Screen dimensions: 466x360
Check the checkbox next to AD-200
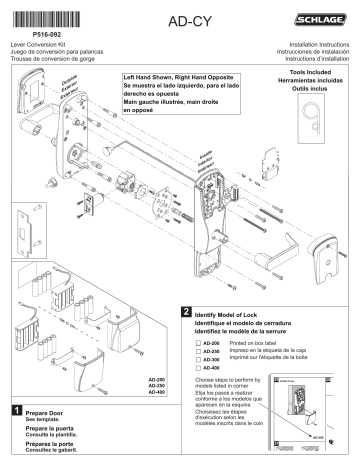(x=197, y=343)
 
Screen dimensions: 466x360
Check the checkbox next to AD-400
(x=197, y=368)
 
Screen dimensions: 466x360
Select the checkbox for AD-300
(x=197, y=360)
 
